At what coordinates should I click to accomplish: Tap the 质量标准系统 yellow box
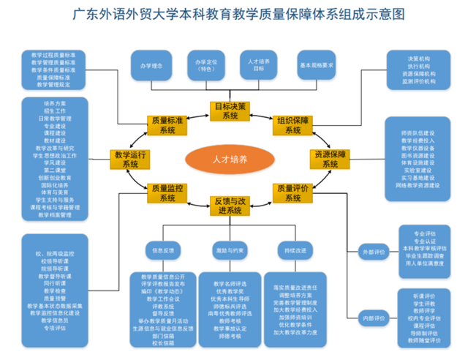click(x=165, y=124)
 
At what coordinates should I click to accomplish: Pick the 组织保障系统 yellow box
click(x=293, y=124)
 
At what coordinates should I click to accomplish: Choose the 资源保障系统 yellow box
click(x=328, y=159)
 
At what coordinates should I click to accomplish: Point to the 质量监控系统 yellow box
click(x=165, y=192)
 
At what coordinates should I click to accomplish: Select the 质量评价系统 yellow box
click(x=293, y=192)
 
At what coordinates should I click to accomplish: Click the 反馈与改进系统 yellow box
click(x=230, y=205)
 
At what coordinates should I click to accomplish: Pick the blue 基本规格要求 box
click(x=317, y=66)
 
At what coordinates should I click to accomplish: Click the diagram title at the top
click(x=238, y=14)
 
